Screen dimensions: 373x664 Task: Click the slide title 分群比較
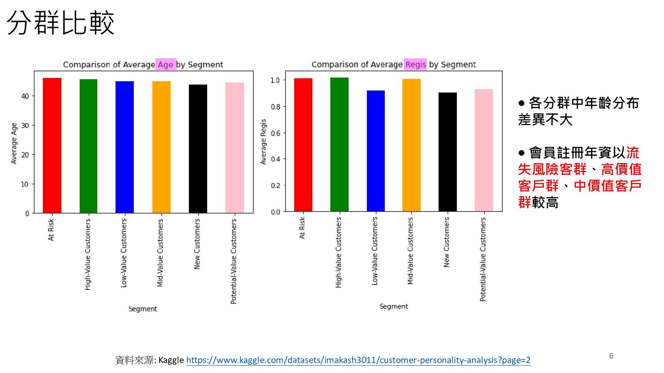[x=61, y=23]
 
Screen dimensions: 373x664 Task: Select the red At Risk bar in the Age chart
[x=52, y=145]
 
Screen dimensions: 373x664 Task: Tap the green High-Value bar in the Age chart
[x=88, y=146]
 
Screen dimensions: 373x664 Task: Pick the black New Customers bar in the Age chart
[x=198, y=149]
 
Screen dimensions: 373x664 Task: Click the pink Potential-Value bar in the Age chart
[x=234, y=147]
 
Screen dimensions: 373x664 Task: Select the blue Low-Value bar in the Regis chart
[x=376, y=151]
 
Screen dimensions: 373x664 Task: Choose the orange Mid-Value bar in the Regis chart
[x=411, y=145]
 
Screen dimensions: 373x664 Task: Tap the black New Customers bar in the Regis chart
[x=448, y=152]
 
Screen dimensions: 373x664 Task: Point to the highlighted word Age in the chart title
[x=166, y=65]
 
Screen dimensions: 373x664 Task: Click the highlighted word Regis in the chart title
[x=415, y=65]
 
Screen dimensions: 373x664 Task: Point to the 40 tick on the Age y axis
[x=25, y=96]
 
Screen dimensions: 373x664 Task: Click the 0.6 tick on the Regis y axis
[x=275, y=133]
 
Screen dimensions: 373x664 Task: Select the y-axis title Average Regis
[x=264, y=142]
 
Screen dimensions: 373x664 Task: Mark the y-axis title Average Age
[x=14, y=143]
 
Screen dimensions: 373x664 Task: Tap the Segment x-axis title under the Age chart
[x=142, y=309]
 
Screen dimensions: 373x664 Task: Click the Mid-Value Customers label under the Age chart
[x=160, y=253]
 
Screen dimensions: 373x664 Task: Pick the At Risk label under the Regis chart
[x=302, y=228]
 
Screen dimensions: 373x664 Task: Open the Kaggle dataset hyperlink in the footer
[x=358, y=360]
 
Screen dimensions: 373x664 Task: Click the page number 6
[x=611, y=356]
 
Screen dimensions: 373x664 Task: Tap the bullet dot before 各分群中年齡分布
[x=522, y=103]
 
